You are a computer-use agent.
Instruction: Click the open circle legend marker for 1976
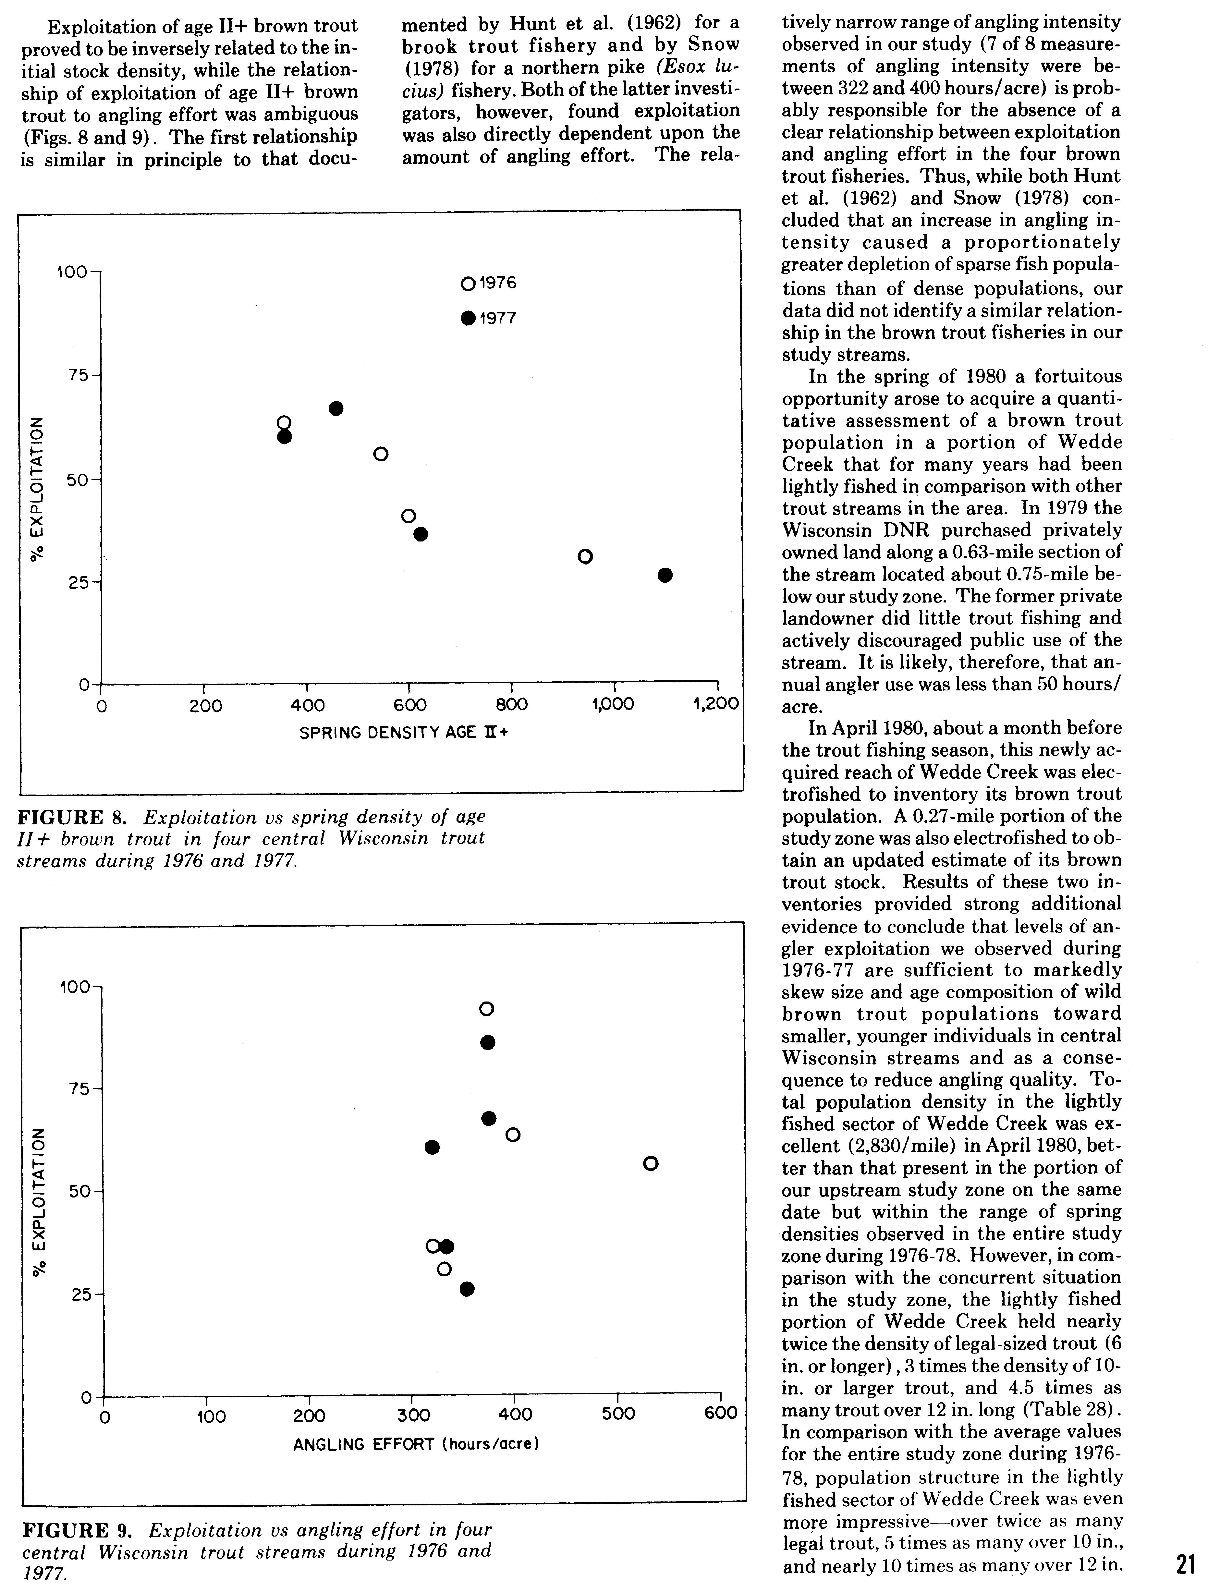click(x=468, y=284)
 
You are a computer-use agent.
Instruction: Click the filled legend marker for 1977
click(x=468, y=318)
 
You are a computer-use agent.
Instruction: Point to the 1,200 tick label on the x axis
click(x=716, y=704)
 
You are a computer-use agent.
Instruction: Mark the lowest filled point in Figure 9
click(x=467, y=1288)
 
